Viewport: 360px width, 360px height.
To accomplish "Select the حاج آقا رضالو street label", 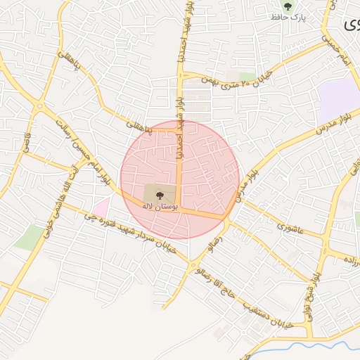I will pos(217,274).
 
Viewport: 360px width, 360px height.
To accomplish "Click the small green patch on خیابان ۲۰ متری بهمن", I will pos(247,77).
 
